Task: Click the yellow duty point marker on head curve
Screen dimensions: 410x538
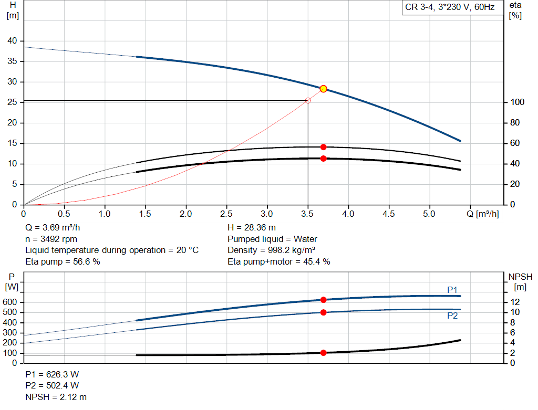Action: [324, 89]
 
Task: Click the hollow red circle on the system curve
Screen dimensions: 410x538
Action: [308, 100]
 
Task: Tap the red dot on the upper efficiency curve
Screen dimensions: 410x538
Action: [324, 147]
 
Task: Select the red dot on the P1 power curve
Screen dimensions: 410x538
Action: [324, 300]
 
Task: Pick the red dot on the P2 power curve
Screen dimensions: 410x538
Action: [324, 312]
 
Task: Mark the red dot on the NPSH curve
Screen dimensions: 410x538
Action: [324, 353]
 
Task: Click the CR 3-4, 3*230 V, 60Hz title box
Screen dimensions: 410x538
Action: [450, 7]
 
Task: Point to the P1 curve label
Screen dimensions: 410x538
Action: [453, 289]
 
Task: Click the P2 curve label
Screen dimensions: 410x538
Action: [453, 316]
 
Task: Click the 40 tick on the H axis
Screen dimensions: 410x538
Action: [12, 41]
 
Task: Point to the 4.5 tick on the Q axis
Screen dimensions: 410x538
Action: [389, 214]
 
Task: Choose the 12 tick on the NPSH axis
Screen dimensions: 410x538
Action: [515, 302]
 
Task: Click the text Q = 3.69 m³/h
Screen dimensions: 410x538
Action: [53, 227]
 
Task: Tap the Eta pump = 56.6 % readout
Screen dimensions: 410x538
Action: [63, 261]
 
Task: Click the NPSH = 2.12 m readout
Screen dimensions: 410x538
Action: [56, 397]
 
